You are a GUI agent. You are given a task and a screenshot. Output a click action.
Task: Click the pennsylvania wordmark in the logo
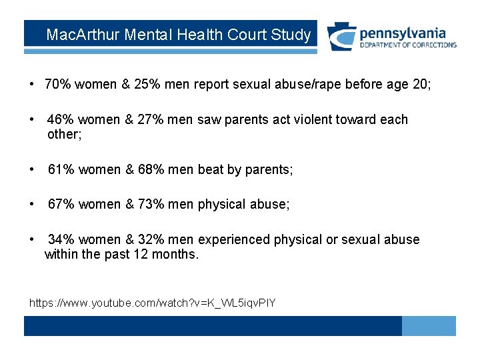tap(403, 33)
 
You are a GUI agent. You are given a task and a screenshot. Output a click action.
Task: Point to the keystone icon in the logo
tap(341, 37)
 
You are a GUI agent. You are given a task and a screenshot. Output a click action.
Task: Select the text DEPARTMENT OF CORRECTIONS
tap(408, 45)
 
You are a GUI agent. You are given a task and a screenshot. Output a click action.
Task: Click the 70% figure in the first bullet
tap(58, 84)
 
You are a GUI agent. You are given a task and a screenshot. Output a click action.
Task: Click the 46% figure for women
tap(61, 119)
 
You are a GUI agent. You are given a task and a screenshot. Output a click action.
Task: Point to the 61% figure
tap(61, 169)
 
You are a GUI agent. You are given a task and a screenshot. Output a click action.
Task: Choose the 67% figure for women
tap(61, 204)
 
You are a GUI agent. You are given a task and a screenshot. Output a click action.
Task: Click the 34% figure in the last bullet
tap(61, 239)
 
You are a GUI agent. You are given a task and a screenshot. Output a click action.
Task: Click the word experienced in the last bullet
tap(231, 239)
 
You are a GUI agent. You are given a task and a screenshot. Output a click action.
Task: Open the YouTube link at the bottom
tap(152, 303)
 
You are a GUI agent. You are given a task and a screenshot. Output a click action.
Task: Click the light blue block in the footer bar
tap(429, 325)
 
